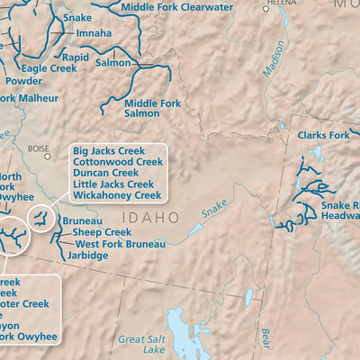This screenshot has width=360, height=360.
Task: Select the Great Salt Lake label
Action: pos(143,346)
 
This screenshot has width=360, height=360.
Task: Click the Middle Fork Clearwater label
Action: pos(177,7)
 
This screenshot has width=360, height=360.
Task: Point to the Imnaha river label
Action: pos(94,33)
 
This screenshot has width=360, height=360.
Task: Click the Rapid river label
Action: pos(76,57)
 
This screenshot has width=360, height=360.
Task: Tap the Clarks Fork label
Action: pos(323,136)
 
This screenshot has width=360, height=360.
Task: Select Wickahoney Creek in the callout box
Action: pos(116,194)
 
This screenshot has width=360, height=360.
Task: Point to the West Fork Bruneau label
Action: pos(120,243)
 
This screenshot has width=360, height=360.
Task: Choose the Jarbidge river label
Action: pos(87,256)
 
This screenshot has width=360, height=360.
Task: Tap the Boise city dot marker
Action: pos(47,156)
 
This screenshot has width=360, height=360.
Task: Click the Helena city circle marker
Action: pos(265,8)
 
